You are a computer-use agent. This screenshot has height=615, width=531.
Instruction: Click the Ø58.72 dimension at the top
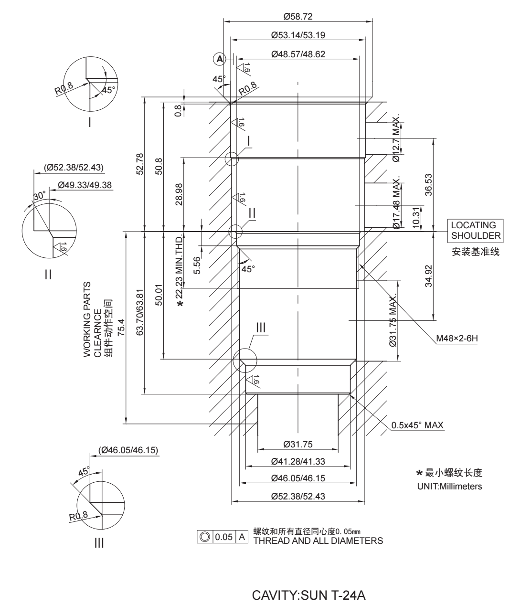297,16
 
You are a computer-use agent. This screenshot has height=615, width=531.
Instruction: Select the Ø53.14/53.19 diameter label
298,35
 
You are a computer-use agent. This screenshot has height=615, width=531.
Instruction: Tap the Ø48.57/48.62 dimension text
298,54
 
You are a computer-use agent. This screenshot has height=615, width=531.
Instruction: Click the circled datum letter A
219,59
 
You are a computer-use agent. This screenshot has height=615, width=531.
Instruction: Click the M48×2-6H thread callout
457,339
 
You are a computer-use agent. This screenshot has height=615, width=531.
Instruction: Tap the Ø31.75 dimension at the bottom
297,445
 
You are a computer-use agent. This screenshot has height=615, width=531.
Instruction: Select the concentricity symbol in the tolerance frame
206,537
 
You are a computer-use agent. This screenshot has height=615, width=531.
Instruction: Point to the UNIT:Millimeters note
450,487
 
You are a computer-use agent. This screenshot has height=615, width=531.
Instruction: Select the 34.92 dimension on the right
428,276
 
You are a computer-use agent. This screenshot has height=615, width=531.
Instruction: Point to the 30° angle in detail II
40,195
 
